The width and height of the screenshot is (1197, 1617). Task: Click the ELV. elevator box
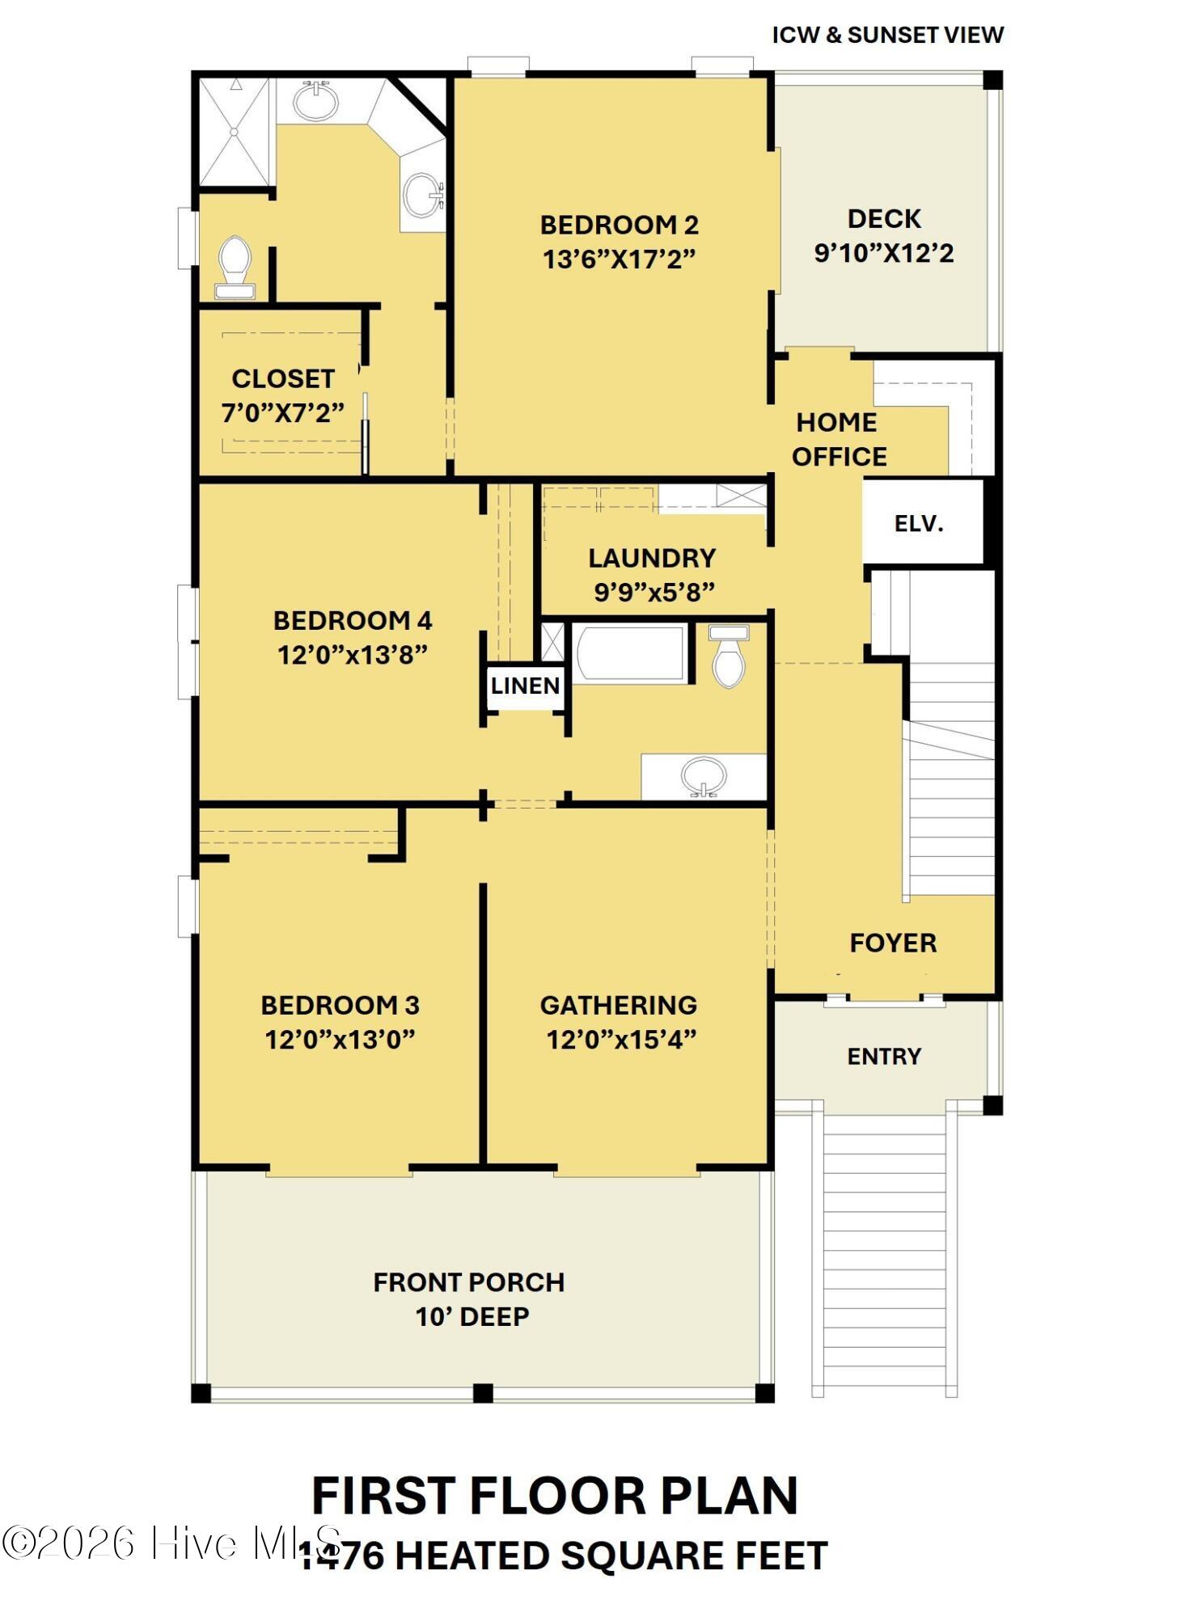point(920,523)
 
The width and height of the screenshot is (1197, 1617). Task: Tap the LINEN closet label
point(526,686)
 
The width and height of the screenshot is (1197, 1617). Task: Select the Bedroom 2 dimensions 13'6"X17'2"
point(619,260)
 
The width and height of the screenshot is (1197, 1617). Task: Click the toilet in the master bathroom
point(235,268)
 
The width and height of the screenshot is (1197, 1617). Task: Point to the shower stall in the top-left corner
point(234,131)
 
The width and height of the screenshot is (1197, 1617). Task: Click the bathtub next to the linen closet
point(630,652)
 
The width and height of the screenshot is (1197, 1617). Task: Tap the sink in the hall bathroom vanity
point(703,777)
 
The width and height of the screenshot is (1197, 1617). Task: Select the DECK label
point(884,218)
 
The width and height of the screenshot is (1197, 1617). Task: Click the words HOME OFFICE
point(839,439)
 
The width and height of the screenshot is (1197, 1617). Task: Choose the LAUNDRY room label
point(652,558)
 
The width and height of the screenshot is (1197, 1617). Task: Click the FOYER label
point(893,943)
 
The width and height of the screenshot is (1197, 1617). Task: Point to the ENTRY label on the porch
point(884,1056)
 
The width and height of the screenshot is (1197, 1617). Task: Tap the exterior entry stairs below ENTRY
point(884,1253)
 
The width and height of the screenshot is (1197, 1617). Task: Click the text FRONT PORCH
point(469,1281)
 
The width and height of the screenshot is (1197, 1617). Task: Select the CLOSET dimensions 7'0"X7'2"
point(283,412)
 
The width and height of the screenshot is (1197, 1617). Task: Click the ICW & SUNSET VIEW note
point(887,35)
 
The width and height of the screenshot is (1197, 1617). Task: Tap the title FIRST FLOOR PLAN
point(555,1496)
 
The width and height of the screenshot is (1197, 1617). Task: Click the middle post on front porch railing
point(483,1393)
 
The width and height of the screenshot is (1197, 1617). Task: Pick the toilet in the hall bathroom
point(729,658)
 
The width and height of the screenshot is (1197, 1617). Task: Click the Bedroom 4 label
point(353,620)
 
